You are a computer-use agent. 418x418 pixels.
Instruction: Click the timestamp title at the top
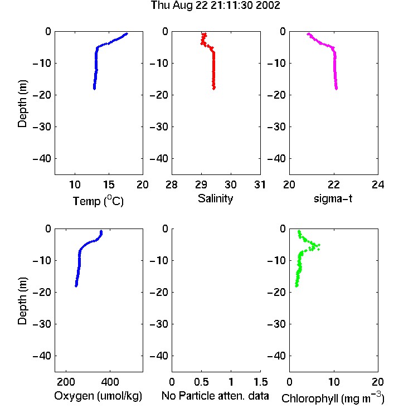click(x=215, y=6)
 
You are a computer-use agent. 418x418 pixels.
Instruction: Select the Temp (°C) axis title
click(x=98, y=201)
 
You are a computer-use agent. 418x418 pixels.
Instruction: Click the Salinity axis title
click(x=215, y=198)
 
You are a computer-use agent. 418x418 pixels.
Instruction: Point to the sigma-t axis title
click(x=333, y=198)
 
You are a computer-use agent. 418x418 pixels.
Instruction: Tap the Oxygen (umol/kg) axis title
click(x=98, y=396)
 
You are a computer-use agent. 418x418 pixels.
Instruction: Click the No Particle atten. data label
click(x=215, y=396)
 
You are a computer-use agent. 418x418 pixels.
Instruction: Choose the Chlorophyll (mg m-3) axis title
click(x=333, y=398)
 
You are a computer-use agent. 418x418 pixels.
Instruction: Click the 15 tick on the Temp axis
click(x=109, y=184)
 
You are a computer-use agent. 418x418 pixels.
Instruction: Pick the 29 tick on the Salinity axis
click(x=201, y=184)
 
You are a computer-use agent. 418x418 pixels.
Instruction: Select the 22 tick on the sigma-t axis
click(x=333, y=184)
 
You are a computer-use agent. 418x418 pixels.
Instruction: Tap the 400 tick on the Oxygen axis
click(x=110, y=382)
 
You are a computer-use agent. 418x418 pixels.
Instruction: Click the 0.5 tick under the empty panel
click(x=201, y=382)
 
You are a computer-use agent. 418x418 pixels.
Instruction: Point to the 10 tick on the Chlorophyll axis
click(x=333, y=382)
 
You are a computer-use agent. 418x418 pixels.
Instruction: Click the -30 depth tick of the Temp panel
click(x=42, y=127)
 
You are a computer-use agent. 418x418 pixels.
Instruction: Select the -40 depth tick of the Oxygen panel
click(x=42, y=356)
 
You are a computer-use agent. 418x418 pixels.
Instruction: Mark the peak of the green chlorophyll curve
click(x=319, y=245)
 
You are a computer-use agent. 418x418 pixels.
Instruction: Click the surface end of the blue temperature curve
click(x=127, y=33)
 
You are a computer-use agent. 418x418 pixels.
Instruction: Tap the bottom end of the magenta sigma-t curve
click(x=337, y=89)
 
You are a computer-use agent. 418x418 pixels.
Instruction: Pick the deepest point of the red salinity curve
click(x=214, y=88)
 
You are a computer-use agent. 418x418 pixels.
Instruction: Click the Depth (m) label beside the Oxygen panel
click(x=22, y=301)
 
